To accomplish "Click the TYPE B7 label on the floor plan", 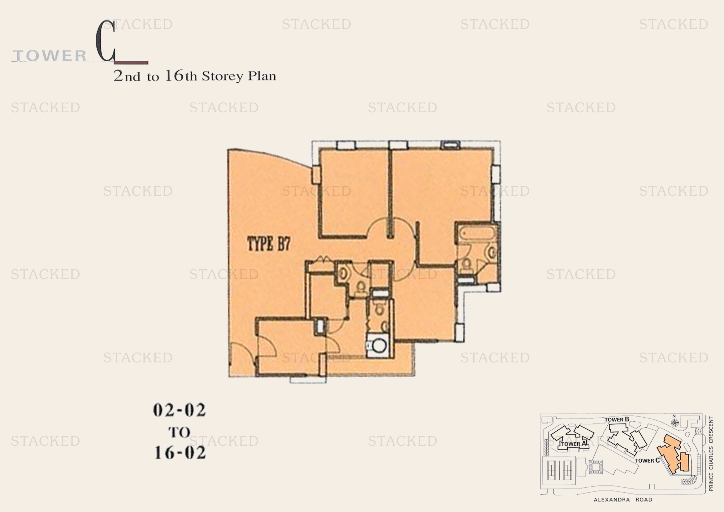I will (x=268, y=244).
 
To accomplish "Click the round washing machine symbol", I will (x=379, y=345).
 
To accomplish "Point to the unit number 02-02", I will (x=180, y=410).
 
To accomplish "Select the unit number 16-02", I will (x=180, y=453).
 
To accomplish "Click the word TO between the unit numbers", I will (x=180, y=432).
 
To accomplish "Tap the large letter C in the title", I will (x=105, y=41).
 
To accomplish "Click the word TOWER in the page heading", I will (x=50, y=56).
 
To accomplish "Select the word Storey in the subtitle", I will (x=223, y=76).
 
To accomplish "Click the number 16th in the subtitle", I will (x=181, y=76).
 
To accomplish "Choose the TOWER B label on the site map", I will (x=617, y=420).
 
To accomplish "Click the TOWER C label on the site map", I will (x=647, y=461).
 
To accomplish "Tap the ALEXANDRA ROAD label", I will (x=623, y=500).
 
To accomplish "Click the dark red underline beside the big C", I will (x=131, y=63).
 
